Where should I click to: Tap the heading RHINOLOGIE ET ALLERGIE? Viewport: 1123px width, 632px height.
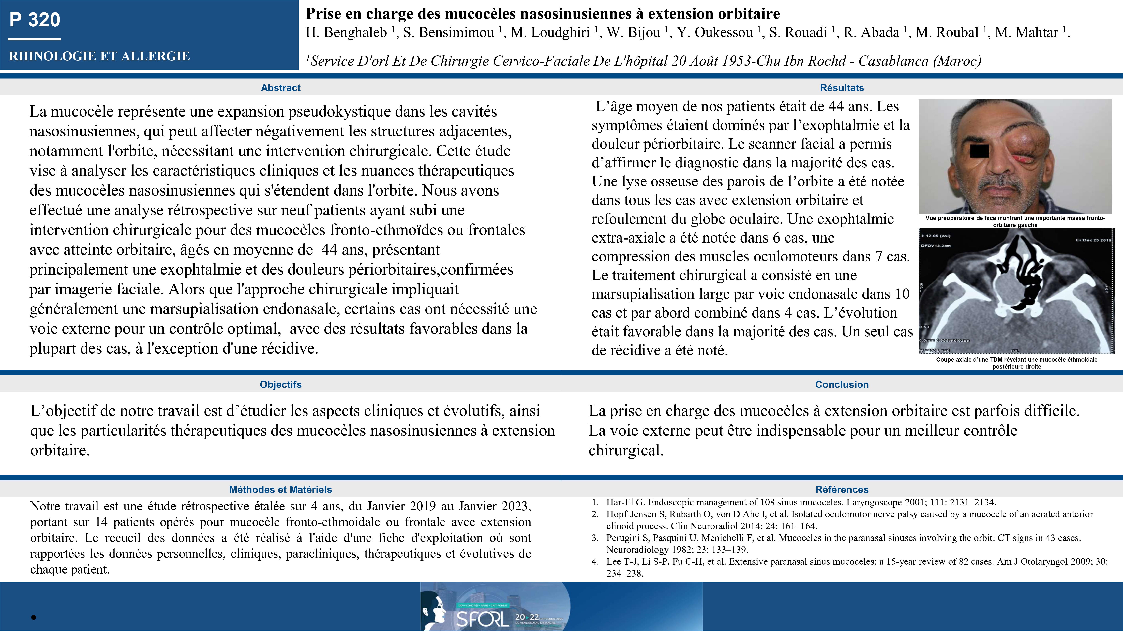[99, 56]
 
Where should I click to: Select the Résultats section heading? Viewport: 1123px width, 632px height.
[842, 88]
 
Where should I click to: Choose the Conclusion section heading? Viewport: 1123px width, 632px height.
[842, 384]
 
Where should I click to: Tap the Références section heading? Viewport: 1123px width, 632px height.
[842, 489]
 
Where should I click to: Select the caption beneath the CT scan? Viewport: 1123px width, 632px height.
[1017, 363]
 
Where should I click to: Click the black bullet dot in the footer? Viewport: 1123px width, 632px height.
[34, 617]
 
